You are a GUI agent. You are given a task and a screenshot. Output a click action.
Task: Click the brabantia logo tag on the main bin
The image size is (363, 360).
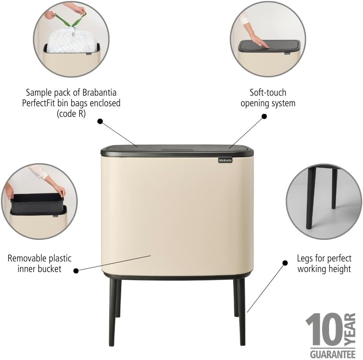point(225,160)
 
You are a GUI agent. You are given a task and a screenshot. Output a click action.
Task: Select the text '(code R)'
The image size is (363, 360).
point(71,114)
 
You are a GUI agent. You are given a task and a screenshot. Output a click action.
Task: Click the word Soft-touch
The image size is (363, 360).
point(268,92)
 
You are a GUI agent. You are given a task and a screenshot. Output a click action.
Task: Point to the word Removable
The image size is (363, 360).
point(28,259)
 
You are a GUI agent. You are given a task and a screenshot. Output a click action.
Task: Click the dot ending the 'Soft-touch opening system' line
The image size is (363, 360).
point(264,116)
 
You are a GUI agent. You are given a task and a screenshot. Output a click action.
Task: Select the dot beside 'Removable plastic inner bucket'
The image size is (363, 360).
point(76,271)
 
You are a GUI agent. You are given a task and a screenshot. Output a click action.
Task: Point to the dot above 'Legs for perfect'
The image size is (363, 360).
point(285,263)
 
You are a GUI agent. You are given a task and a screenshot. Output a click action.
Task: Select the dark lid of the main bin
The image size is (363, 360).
point(176,149)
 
